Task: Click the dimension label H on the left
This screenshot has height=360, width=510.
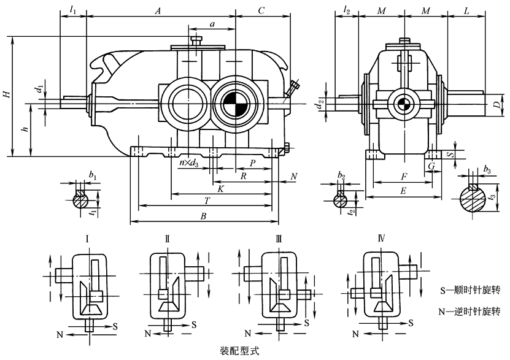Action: pyautogui.click(x=6, y=94)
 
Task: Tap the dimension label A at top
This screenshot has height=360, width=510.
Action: pyautogui.click(x=158, y=11)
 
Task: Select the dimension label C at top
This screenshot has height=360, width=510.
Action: pyautogui.click(x=261, y=11)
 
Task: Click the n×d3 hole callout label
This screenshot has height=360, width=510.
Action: pyautogui.click(x=188, y=164)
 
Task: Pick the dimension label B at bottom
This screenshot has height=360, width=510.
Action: pyautogui.click(x=203, y=216)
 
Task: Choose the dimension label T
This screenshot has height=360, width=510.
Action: pyautogui.click(x=207, y=200)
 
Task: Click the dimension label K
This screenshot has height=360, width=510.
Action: pyautogui.click(x=220, y=190)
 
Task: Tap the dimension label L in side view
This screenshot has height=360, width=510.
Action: pyautogui.click(x=467, y=11)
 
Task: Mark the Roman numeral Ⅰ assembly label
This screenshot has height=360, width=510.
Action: pyautogui.click(x=88, y=238)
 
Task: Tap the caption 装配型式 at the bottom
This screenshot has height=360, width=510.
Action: pyautogui.click(x=240, y=352)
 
